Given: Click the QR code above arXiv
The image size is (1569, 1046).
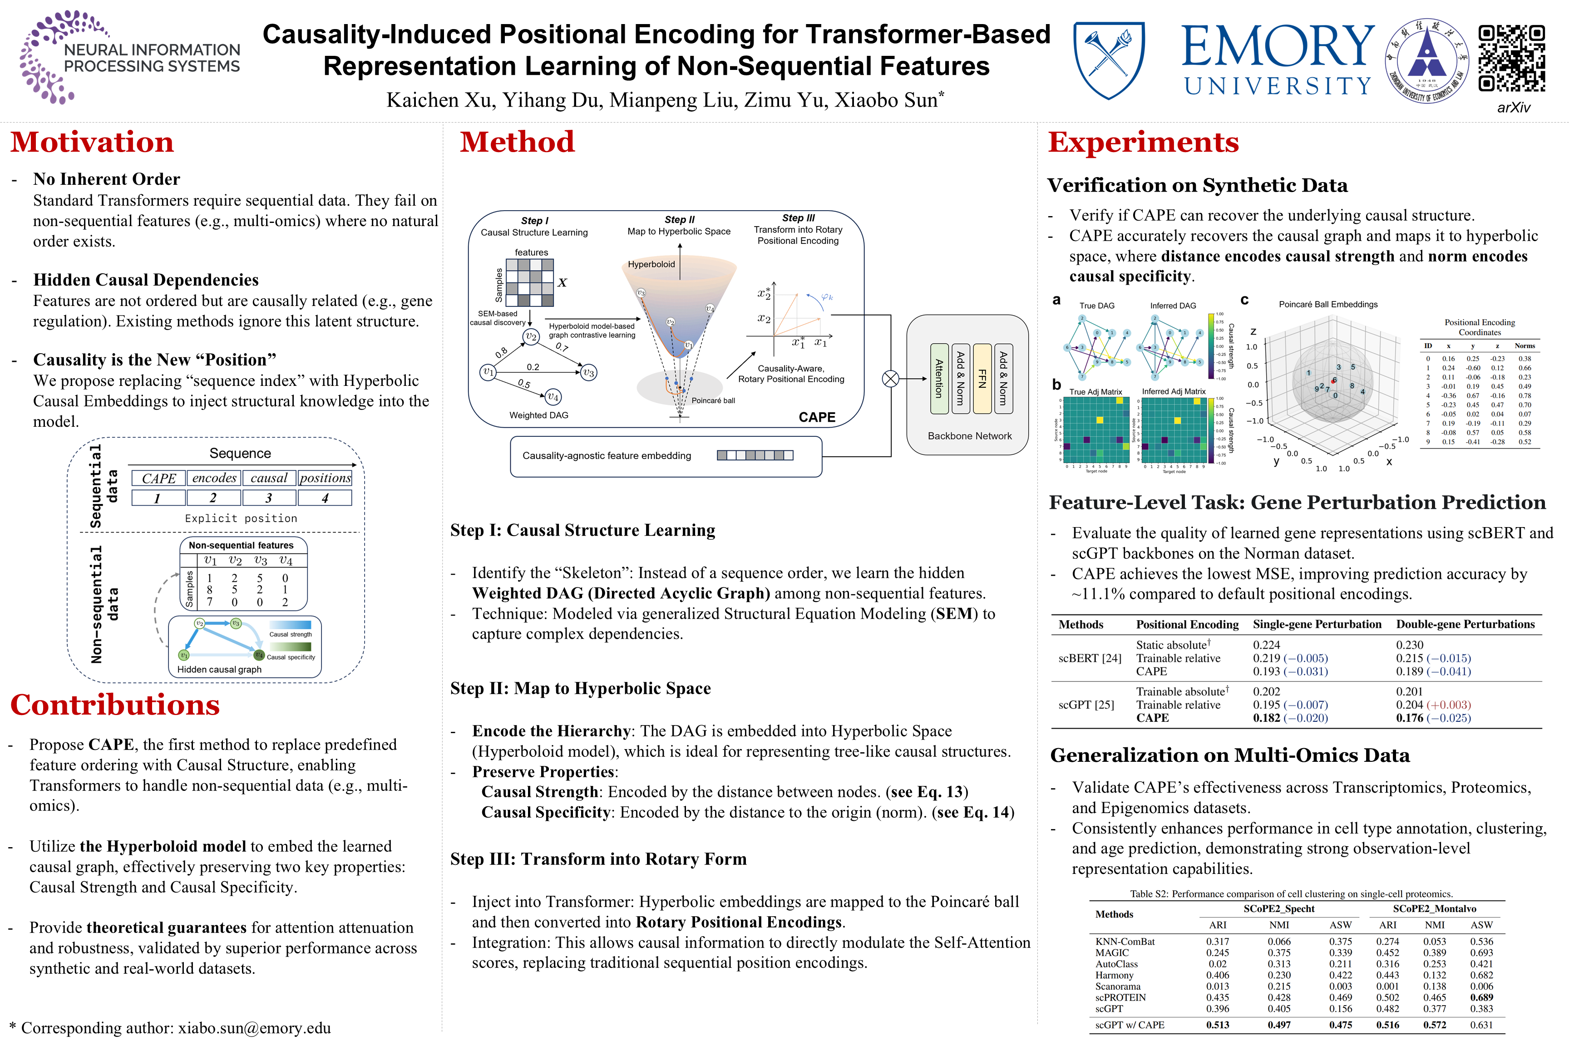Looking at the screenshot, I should click(x=1512, y=59).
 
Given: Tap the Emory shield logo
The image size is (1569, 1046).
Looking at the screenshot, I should click(x=1108, y=59).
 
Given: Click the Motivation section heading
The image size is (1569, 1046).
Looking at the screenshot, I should click(x=92, y=142).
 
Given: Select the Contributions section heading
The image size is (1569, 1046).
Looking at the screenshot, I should click(x=115, y=705).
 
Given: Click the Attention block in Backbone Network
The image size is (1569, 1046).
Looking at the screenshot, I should click(x=938, y=379).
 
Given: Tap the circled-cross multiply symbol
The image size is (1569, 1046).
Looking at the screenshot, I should click(x=891, y=379).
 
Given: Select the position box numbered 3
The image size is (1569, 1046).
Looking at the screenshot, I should click(x=269, y=498).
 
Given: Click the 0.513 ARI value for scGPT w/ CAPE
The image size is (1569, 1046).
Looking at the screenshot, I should click(x=1218, y=1025).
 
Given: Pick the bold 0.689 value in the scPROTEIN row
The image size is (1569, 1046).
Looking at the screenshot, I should click(x=1482, y=997).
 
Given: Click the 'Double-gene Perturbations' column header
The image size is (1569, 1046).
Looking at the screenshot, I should click(x=1465, y=624).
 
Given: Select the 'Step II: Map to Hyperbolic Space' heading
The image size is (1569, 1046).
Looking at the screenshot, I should click(x=580, y=688).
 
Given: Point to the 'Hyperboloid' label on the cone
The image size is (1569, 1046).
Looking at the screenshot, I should click(x=651, y=264).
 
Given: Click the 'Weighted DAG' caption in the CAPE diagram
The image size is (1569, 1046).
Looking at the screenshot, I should click(x=538, y=415).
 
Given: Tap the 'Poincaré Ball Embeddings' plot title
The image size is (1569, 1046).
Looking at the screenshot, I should click(x=1327, y=304).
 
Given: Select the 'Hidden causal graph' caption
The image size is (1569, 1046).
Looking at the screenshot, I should click(x=219, y=669).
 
